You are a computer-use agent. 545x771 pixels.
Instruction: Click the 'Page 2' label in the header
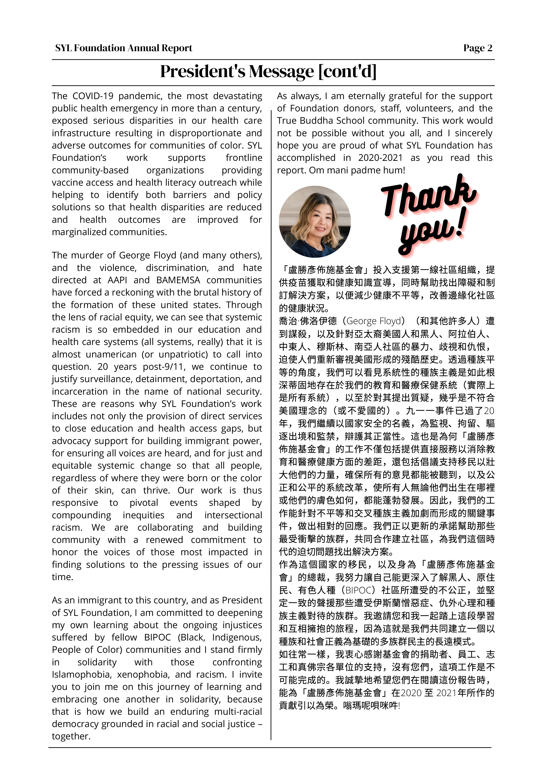click(478, 48)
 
